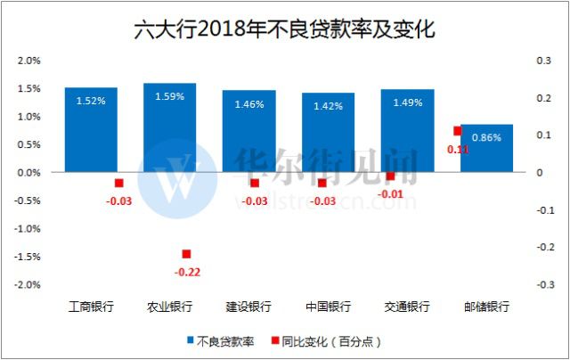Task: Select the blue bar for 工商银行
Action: [91, 129]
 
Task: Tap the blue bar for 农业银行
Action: [169, 127]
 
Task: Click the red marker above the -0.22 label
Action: [186, 255]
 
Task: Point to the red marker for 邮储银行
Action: [458, 131]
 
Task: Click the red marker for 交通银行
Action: [390, 176]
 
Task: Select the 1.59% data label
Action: [169, 97]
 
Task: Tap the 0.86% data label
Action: [486, 137]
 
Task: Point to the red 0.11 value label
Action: [458, 150]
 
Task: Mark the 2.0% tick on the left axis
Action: [30, 61]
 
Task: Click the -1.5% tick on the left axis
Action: [28, 257]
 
